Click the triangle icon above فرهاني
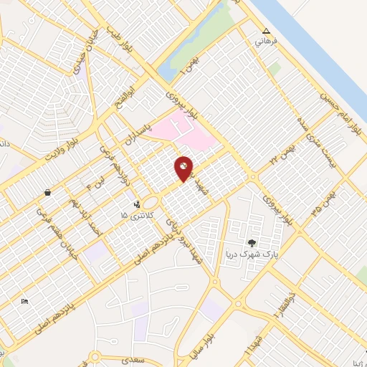267,32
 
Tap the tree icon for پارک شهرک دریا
252,244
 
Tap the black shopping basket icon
47,192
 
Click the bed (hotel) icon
25,301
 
